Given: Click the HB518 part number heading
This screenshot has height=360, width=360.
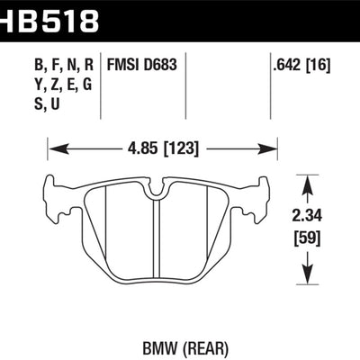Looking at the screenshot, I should tap(49, 17).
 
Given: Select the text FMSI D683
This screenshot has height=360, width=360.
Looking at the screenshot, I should tap(142, 64).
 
